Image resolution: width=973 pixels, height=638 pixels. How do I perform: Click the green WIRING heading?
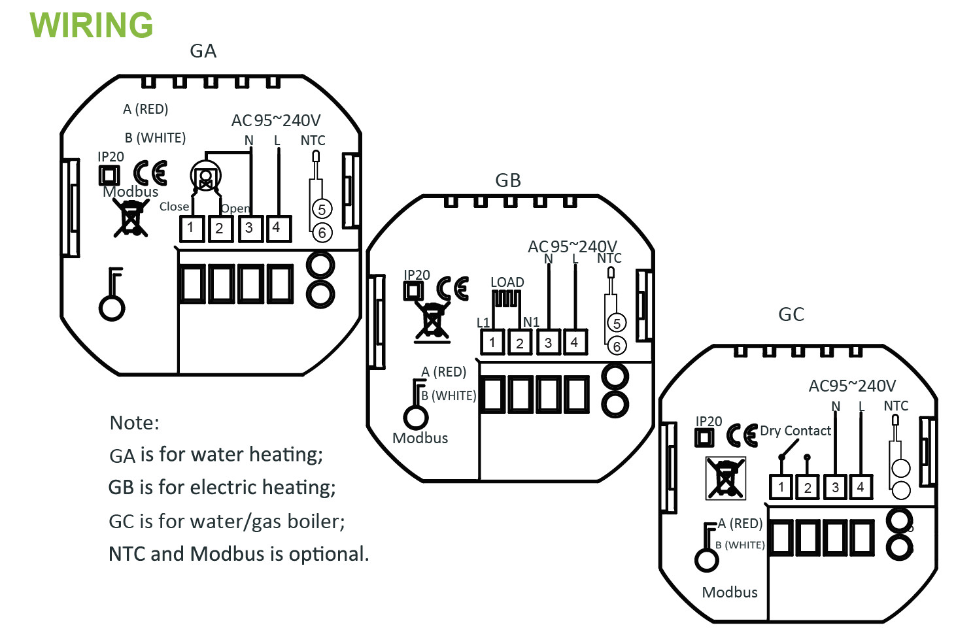tap(92, 25)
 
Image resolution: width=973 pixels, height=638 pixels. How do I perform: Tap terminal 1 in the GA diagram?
tap(191, 228)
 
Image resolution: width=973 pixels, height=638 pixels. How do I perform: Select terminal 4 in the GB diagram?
tap(574, 342)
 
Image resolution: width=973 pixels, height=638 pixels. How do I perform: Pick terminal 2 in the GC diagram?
tap(808, 487)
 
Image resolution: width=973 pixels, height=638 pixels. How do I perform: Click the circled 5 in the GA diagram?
tap(322, 209)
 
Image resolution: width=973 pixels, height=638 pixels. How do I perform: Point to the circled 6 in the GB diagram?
tap(616, 346)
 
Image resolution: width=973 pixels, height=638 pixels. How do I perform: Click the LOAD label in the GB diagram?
tap(507, 282)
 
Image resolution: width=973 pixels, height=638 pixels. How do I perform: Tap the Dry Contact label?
tap(795, 431)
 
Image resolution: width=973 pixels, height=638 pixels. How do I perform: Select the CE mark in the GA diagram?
tap(150, 173)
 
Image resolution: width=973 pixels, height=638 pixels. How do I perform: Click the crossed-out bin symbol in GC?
tap(725, 478)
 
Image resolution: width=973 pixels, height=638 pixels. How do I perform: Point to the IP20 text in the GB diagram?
tap(417, 275)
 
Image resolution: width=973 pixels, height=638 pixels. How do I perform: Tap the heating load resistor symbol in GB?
tap(507, 299)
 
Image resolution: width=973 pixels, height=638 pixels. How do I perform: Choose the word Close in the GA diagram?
tap(174, 207)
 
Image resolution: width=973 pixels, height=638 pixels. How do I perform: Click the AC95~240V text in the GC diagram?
tap(852, 386)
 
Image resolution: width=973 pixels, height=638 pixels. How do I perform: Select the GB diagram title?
tap(508, 180)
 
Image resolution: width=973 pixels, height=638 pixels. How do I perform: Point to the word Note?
tap(134, 423)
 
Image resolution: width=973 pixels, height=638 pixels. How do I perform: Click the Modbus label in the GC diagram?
tap(730, 592)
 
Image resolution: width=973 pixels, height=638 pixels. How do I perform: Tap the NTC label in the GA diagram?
tap(313, 141)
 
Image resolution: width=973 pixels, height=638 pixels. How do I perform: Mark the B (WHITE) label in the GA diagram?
tap(156, 138)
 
